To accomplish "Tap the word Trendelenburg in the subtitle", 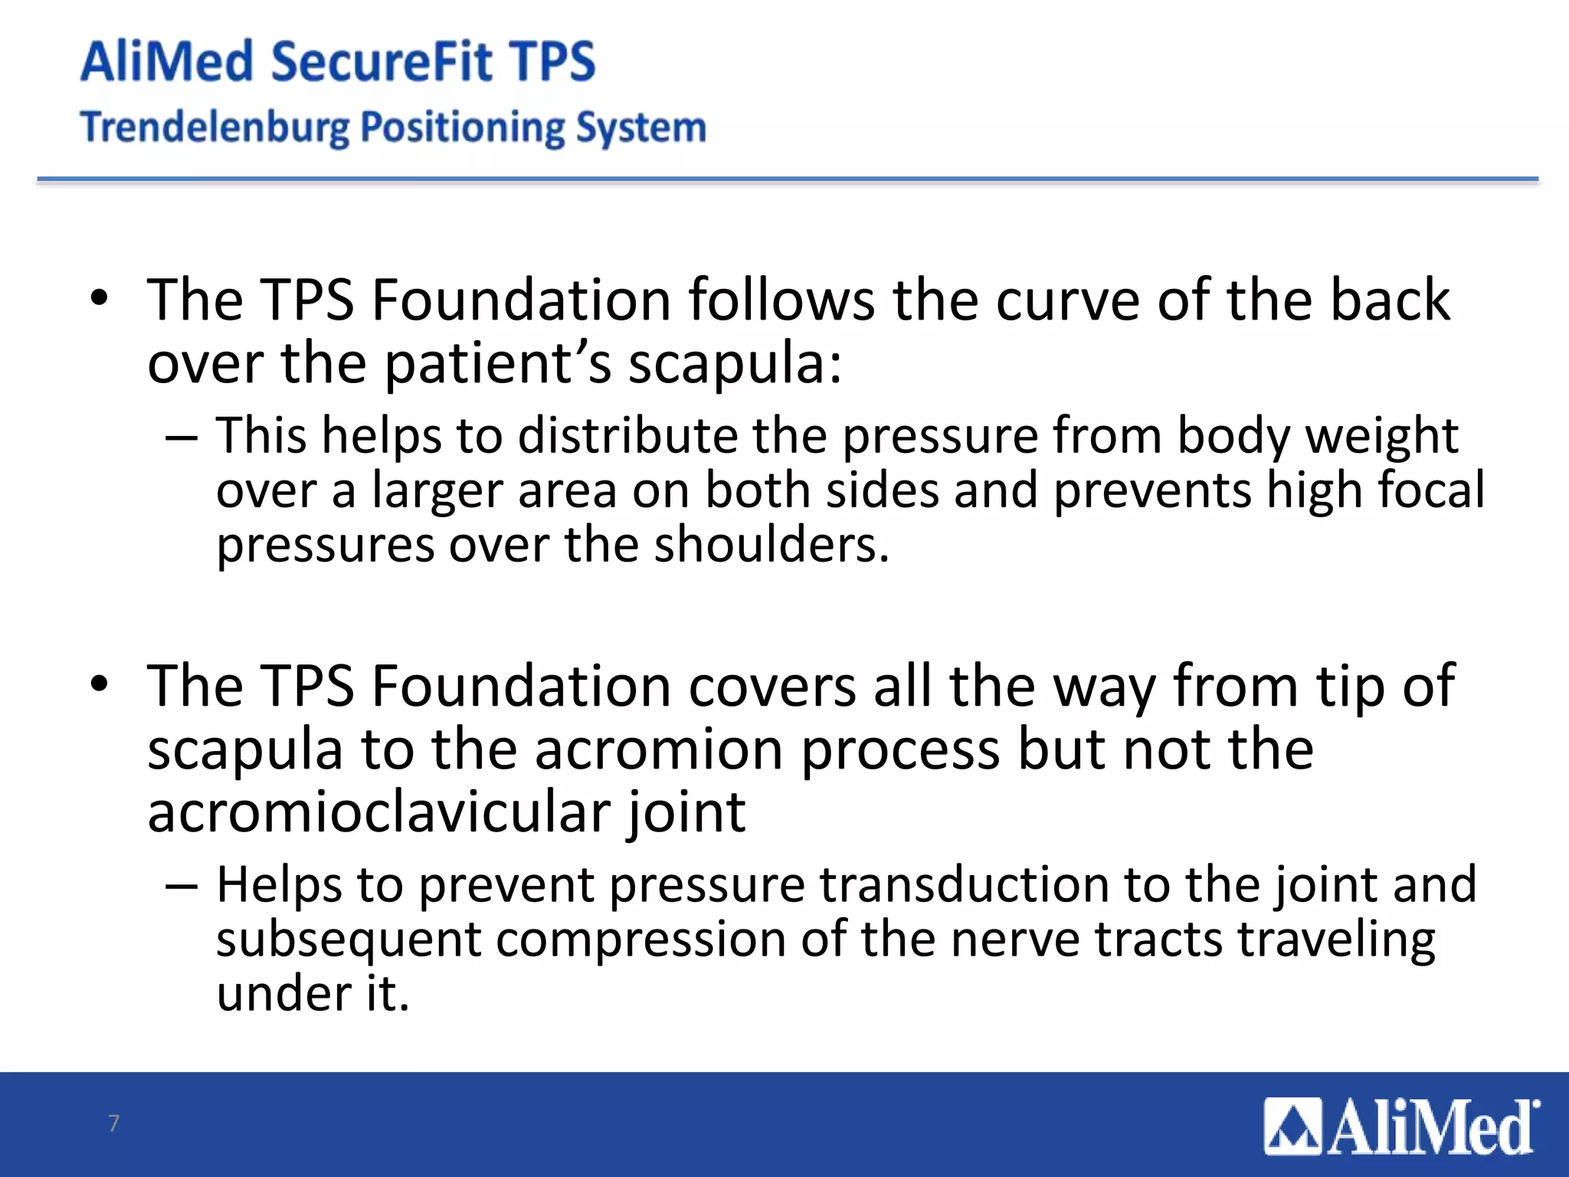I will point(215,127).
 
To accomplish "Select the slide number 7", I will point(114,1123).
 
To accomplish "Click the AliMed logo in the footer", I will point(1401,1126).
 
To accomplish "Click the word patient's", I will point(497,363).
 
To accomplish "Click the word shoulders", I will point(771,545).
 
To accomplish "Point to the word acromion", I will point(659,749).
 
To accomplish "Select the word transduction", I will point(964,885).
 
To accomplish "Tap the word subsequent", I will point(348,940).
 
